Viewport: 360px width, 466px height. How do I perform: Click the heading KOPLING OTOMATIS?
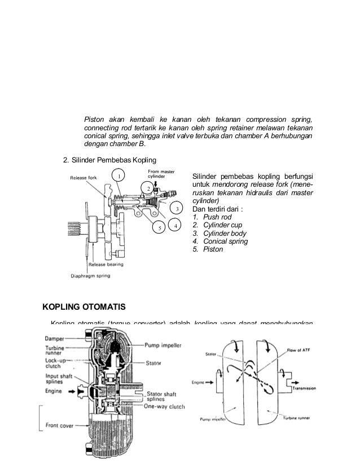point(84,307)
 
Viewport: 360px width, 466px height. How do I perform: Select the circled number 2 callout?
point(147,188)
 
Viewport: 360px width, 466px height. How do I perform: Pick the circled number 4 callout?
point(175,226)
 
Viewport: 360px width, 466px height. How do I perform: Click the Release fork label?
point(83,178)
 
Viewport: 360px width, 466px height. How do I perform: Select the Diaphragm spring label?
point(86,276)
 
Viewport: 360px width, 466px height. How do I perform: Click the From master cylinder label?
point(161,174)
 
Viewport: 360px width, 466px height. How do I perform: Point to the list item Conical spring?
point(221,241)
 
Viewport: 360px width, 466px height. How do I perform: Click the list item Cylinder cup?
point(217,226)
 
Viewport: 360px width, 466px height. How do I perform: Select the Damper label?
point(55,338)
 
